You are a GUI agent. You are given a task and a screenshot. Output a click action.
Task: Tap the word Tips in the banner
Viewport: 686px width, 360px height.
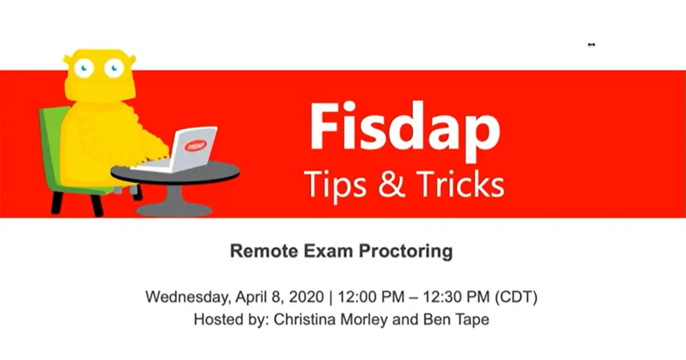click(x=336, y=183)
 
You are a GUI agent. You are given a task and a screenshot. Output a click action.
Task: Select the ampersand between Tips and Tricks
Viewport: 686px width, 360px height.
click(x=392, y=183)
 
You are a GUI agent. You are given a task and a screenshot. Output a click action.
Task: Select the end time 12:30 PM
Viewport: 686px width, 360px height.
click(x=461, y=298)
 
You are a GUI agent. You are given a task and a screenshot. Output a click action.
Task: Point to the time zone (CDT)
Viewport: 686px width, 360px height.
click(x=518, y=298)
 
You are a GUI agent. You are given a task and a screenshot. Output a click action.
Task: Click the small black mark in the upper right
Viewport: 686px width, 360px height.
click(x=592, y=45)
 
